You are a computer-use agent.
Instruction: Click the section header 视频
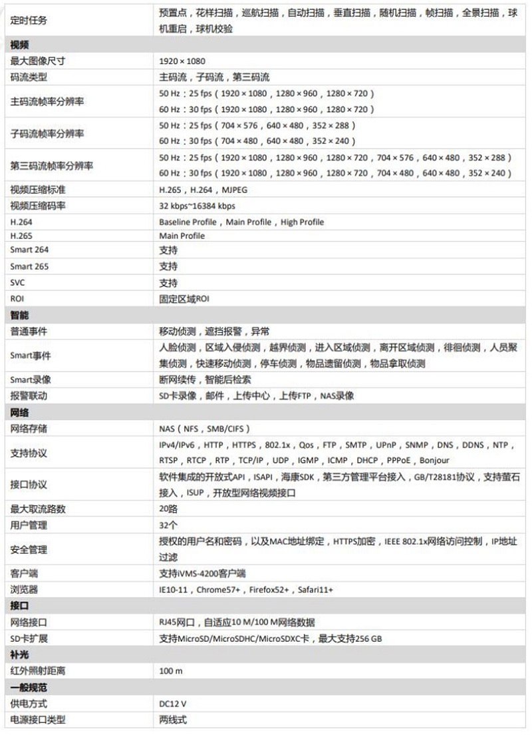click(20, 45)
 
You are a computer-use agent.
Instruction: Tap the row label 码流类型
click(29, 77)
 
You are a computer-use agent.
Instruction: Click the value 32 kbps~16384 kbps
click(197, 206)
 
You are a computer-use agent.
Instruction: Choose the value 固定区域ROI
click(185, 298)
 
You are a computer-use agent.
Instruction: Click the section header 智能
click(20, 314)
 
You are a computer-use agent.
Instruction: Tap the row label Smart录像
click(31, 379)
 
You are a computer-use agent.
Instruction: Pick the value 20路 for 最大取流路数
click(169, 509)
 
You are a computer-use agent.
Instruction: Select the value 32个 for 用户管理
click(169, 525)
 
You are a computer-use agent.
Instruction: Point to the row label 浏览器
click(24, 589)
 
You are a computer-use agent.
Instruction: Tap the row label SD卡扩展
click(29, 638)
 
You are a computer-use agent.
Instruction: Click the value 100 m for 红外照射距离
click(171, 670)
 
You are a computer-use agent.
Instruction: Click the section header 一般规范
click(29, 687)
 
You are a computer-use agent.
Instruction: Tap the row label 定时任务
click(29, 21)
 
